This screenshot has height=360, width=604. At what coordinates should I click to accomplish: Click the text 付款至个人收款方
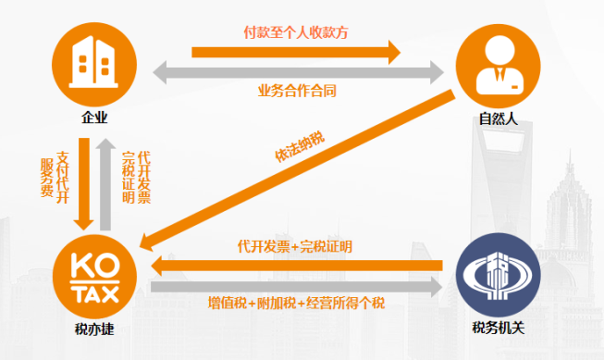pyautogui.click(x=297, y=31)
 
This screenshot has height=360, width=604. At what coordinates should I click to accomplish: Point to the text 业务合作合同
pyautogui.click(x=297, y=91)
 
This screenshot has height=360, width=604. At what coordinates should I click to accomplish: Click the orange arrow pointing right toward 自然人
pyautogui.click(x=297, y=48)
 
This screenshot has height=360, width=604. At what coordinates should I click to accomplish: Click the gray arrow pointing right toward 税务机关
pyautogui.click(x=296, y=287)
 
